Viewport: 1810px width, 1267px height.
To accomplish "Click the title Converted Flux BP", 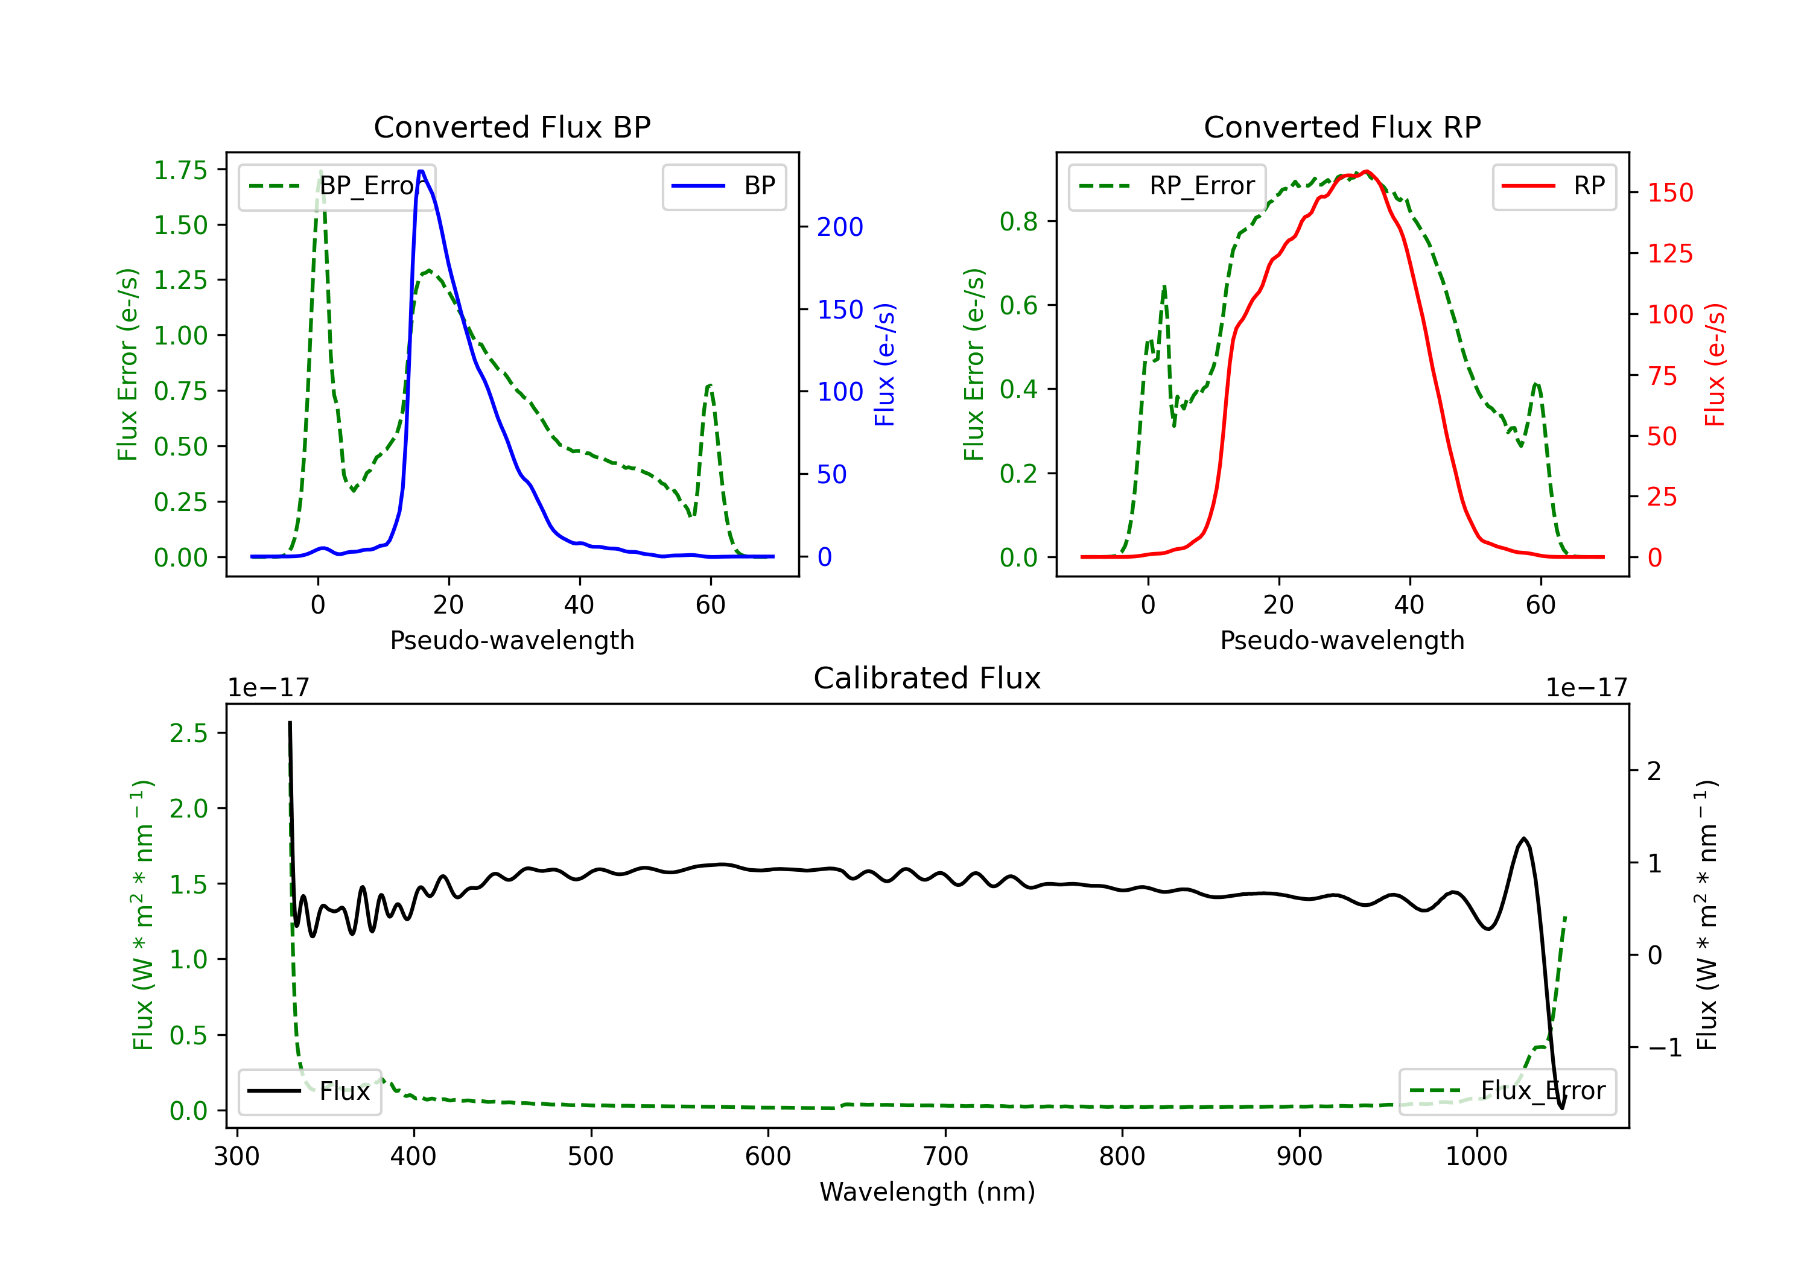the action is pyautogui.click(x=512, y=127).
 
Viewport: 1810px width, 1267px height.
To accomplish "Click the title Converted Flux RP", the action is pyautogui.click(x=1342, y=127).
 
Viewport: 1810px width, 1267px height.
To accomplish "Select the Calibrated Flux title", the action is pyautogui.click(x=927, y=678).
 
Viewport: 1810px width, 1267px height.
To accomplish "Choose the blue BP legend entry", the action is pyautogui.click(x=723, y=186).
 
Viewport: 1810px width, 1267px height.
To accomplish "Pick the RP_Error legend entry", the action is pyautogui.click(x=1167, y=186).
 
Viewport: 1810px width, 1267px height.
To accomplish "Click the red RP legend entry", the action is pyautogui.click(x=1554, y=186).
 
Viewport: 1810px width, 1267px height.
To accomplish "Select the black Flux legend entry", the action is pyautogui.click(x=309, y=1091).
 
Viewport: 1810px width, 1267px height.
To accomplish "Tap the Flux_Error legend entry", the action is pyautogui.click(x=1507, y=1091).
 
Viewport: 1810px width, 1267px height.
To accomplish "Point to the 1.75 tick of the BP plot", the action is pyautogui.click(x=180, y=170).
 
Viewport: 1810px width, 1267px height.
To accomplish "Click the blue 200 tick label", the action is pyautogui.click(x=840, y=227).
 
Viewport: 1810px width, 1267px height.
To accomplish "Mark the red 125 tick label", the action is pyautogui.click(x=1671, y=254).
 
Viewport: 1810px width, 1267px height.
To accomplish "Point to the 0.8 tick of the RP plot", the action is pyautogui.click(x=1018, y=221).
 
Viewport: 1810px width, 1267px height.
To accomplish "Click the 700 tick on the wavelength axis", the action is pyautogui.click(x=945, y=1157).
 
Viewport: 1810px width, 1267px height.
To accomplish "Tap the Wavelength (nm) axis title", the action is pyautogui.click(x=927, y=1192).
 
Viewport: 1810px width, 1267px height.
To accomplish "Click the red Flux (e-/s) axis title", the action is pyautogui.click(x=1714, y=364).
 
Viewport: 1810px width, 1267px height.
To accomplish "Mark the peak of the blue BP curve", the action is pyautogui.click(x=421, y=171).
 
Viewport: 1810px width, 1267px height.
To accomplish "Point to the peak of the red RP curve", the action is pyautogui.click(x=1366, y=172).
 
